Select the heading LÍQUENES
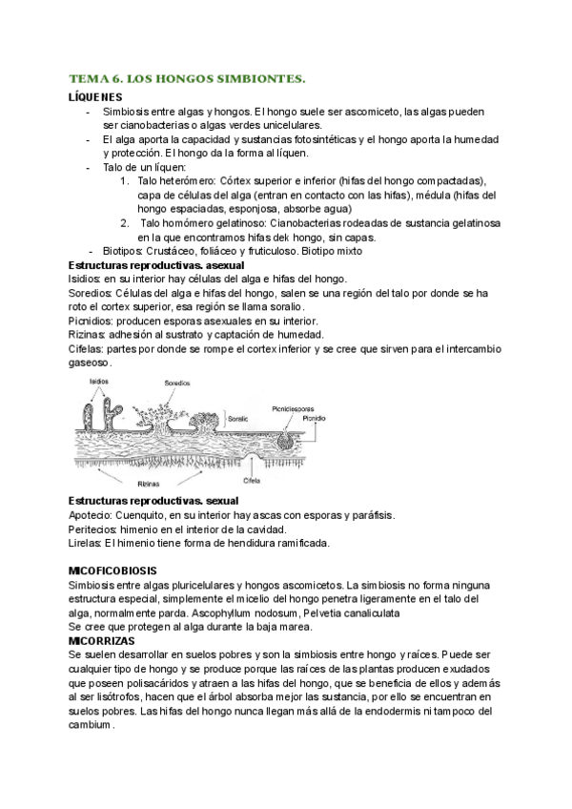95,97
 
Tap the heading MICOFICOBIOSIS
120,570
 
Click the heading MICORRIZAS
107,641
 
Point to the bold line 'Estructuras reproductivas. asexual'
156,264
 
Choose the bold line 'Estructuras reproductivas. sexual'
153,501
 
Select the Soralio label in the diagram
264,417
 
